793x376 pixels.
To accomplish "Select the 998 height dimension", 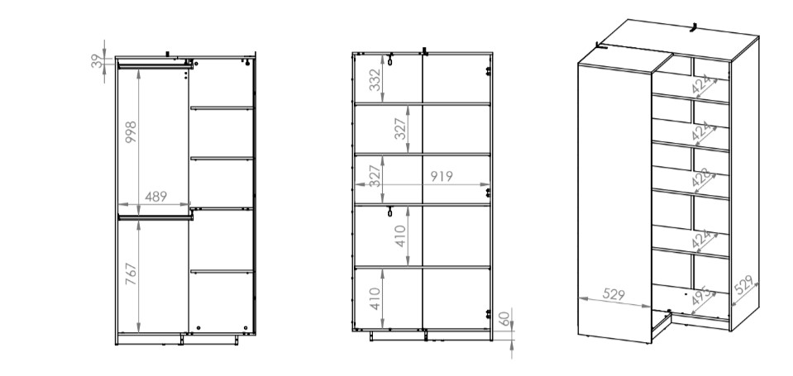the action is coord(131,132).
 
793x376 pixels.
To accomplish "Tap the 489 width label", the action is coord(155,197).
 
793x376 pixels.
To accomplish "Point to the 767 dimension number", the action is coord(131,274).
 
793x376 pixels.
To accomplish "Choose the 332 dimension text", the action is coord(375,80).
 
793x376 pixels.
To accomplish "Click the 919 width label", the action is coord(442,176).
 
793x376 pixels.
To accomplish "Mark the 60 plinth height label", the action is coord(504,318).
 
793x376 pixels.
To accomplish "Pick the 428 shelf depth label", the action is coord(703,180).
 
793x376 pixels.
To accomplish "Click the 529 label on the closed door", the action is coord(614,294).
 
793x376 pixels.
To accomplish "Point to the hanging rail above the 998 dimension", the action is coord(155,66).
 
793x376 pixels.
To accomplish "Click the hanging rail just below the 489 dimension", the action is coord(155,217).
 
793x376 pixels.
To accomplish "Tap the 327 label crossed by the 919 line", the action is coord(375,176).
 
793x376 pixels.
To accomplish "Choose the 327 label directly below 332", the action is coord(400,128).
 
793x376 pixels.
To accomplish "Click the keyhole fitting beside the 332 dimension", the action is coord(390,59).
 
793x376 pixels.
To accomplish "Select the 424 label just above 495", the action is coord(703,239).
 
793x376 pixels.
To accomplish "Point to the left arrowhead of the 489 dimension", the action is coord(122,205).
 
